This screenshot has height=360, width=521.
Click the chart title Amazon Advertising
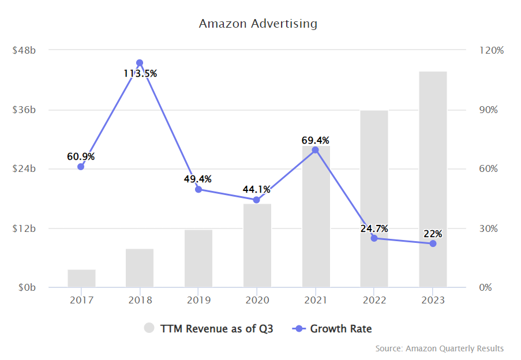tap(258, 24)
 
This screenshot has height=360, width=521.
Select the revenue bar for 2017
tap(81, 278)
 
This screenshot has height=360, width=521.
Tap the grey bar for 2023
tap(433, 179)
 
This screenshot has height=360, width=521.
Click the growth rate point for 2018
tap(140, 63)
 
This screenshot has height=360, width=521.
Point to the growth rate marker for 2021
tap(315, 150)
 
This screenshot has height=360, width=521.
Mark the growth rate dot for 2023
tap(433, 243)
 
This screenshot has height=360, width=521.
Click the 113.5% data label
tap(140, 73)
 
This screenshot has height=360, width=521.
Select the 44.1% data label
tap(256, 189)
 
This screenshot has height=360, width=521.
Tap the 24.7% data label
tap(374, 228)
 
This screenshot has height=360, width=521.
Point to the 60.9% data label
tap(81, 156)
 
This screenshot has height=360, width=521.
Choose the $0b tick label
tap(27, 287)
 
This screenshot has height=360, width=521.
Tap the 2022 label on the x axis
tap(374, 300)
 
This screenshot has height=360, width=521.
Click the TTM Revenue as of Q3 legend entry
tap(208, 329)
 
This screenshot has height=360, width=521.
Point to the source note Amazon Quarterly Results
tap(439, 348)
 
